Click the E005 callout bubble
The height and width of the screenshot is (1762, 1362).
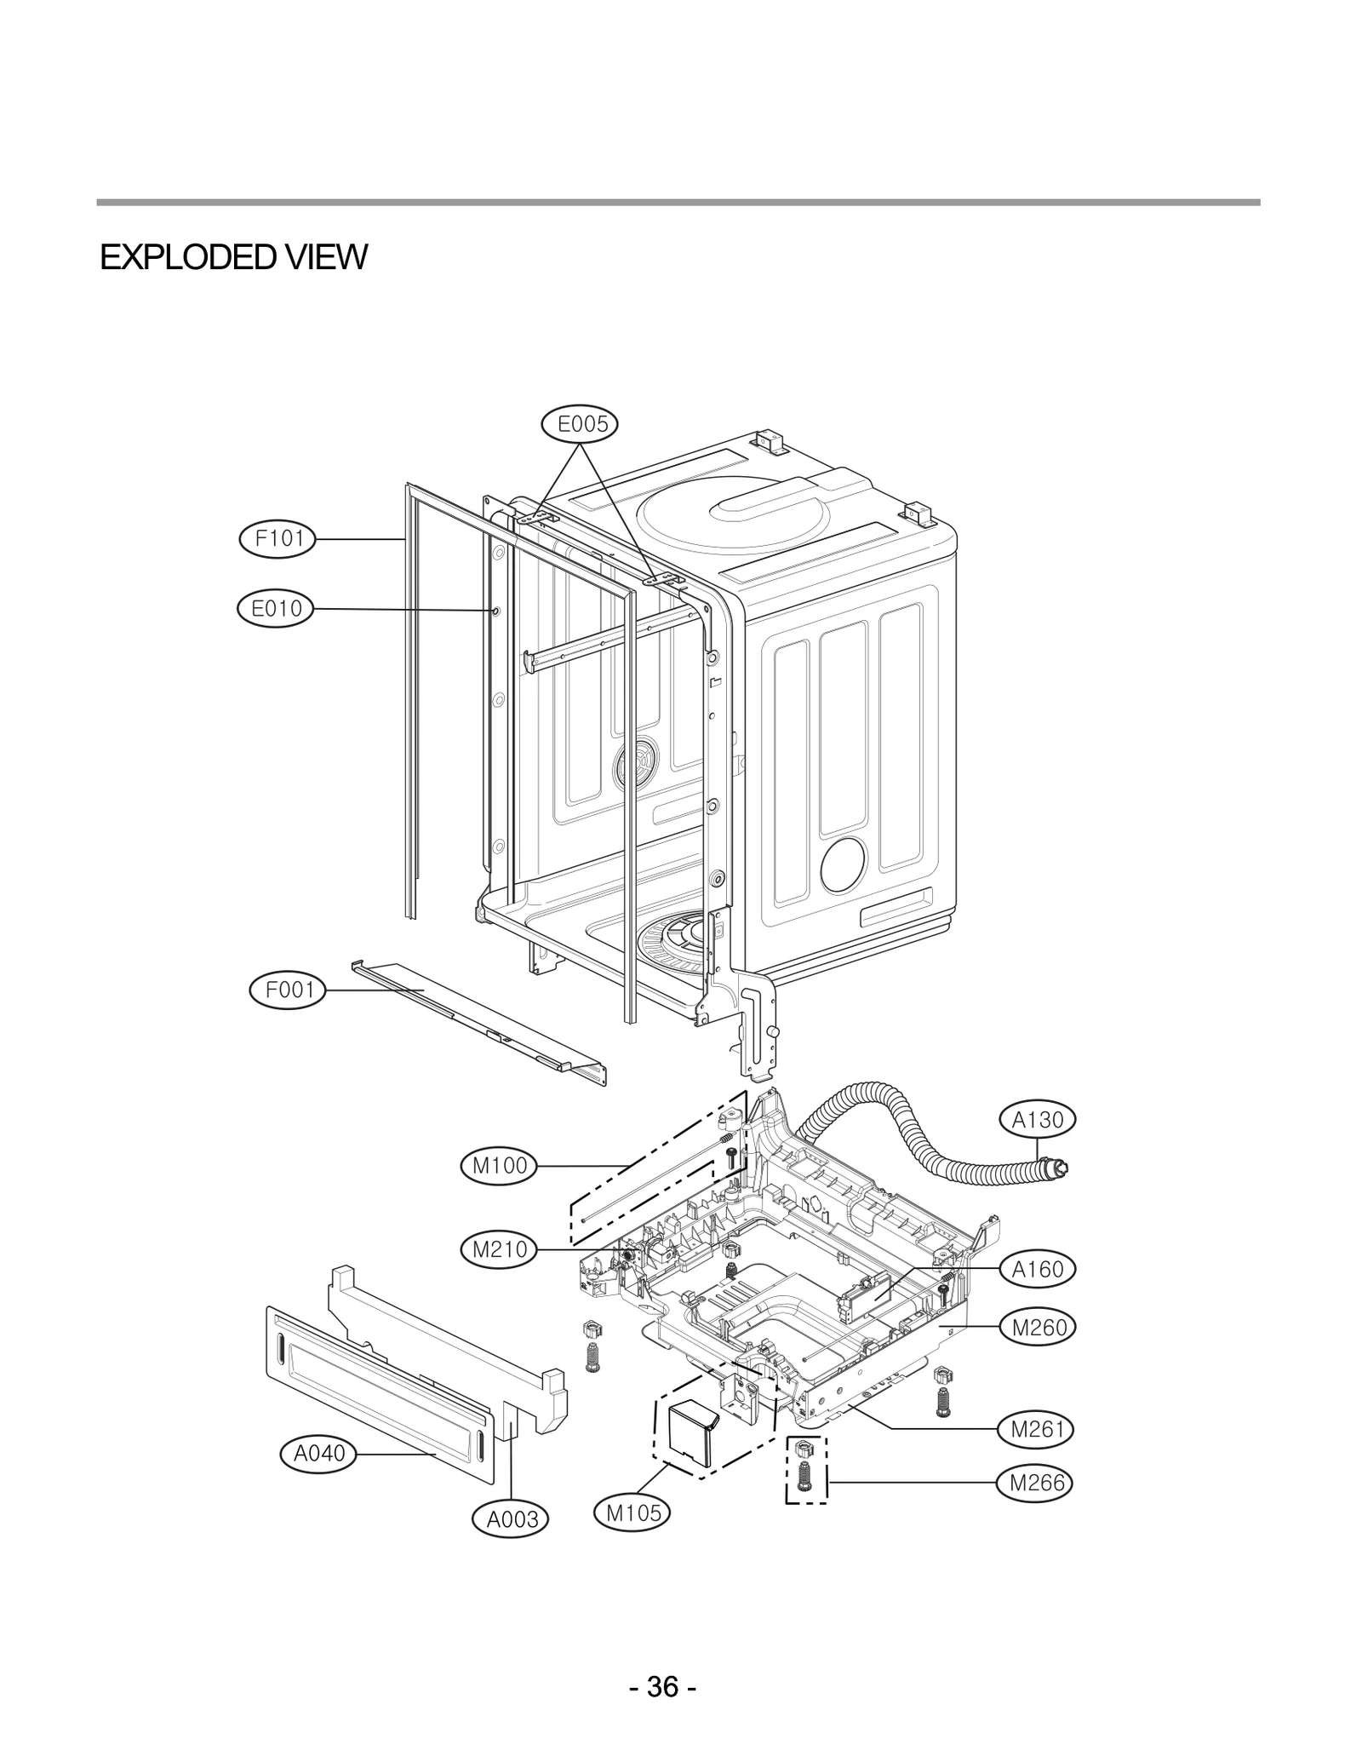(x=581, y=423)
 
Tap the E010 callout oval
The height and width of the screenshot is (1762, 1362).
(x=276, y=608)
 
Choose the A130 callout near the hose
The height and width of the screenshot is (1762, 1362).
(x=1038, y=1120)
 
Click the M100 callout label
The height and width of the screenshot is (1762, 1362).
(x=500, y=1165)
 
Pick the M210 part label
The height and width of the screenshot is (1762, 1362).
(x=500, y=1249)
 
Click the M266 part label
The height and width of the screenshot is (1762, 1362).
(x=1036, y=1483)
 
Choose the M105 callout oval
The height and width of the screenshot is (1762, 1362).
(x=633, y=1512)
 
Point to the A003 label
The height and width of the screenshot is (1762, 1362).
(x=512, y=1518)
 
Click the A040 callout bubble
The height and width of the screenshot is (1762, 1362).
(x=319, y=1453)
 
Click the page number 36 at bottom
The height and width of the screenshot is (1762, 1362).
(x=663, y=1662)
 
